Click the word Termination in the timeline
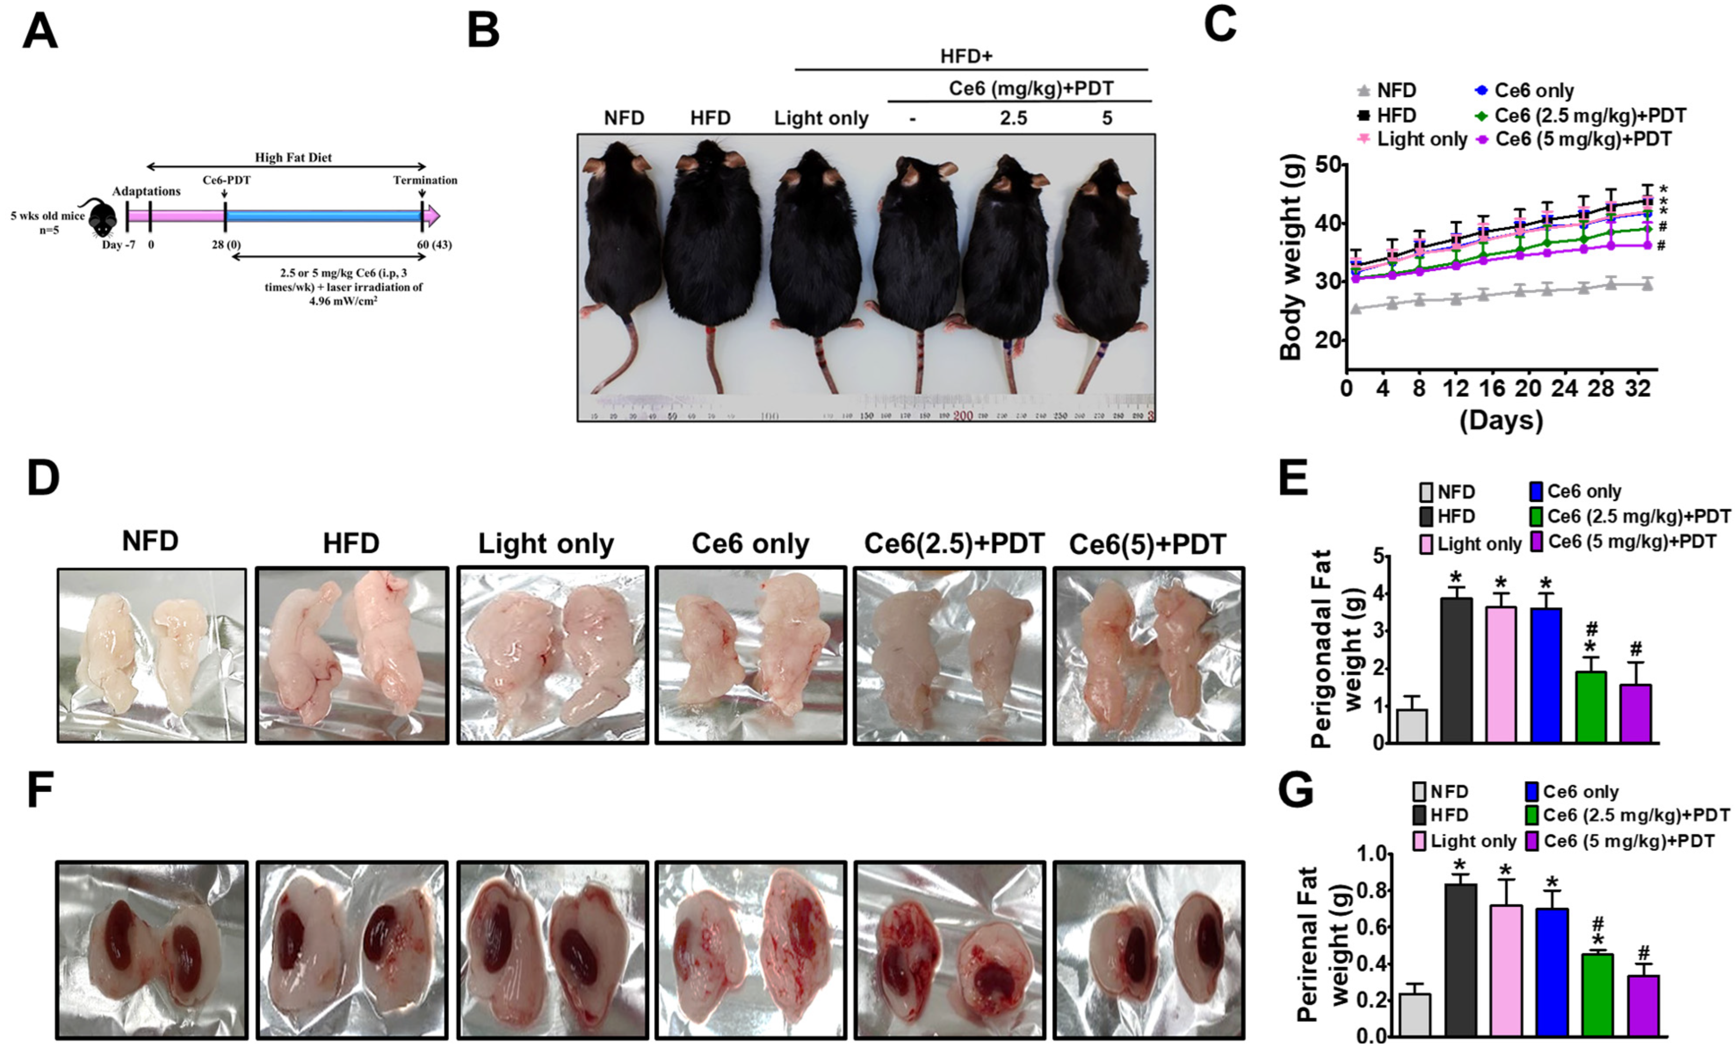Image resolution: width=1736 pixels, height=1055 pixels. (x=425, y=180)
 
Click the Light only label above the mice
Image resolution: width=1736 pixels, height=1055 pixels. (x=821, y=118)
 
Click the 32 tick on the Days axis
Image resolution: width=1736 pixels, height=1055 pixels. (x=1638, y=388)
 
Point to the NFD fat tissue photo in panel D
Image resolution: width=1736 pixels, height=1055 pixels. (x=152, y=655)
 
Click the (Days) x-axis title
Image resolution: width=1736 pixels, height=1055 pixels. (x=1501, y=421)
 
